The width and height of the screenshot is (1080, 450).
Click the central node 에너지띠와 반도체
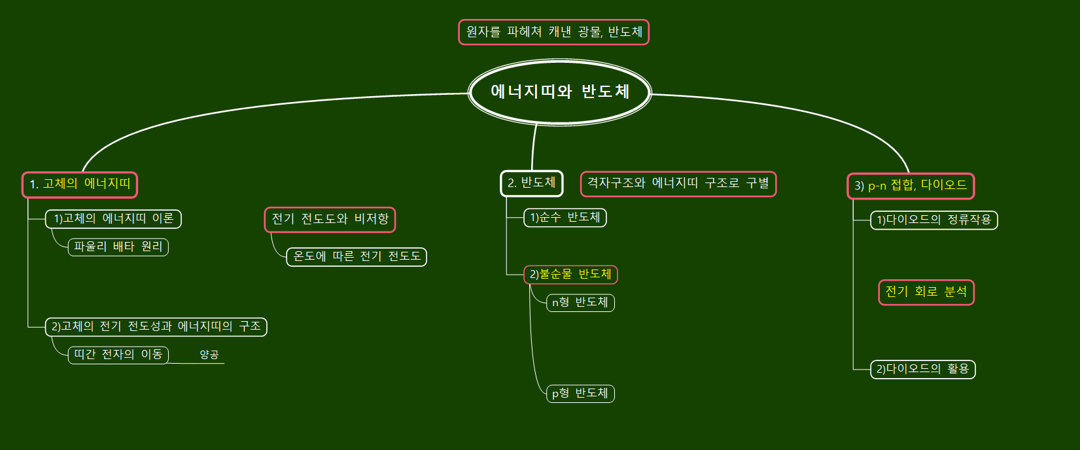[x=560, y=92]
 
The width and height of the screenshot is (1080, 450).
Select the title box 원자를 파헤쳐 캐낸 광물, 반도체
[x=553, y=32]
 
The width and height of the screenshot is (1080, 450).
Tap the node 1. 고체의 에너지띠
[x=80, y=184]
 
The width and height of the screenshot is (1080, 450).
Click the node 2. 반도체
[x=531, y=183]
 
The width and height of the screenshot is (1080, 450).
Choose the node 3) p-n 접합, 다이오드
[x=910, y=186]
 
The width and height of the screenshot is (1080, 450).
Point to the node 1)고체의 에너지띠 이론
[x=113, y=219]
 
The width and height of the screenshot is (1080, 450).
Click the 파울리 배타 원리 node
[x=118, y=247]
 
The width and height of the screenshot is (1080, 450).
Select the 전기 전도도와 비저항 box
[x=330, y=219]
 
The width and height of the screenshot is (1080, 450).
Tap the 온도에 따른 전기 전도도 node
[x=357, y=256]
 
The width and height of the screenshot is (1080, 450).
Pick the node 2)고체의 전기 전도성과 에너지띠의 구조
[x=156, y=326]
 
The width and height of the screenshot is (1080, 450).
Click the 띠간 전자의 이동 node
[x=118, y=355]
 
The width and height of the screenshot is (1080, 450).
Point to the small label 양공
[x=209, y=355]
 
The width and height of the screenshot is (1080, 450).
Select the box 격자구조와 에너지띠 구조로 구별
[x=678, y=184]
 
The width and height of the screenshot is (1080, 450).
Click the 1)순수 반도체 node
[x=565, y=218]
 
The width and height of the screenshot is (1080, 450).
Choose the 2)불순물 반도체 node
[x=570, y=275]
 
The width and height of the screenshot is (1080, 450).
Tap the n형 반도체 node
[x=580, y=303]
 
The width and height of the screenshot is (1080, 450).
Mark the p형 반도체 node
[x=580, y=394]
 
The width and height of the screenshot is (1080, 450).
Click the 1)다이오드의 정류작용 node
[x=933, y=220]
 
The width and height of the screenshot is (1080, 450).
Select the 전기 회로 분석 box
[x=926, y=292]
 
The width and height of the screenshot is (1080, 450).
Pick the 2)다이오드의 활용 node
[x=922, y=370]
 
